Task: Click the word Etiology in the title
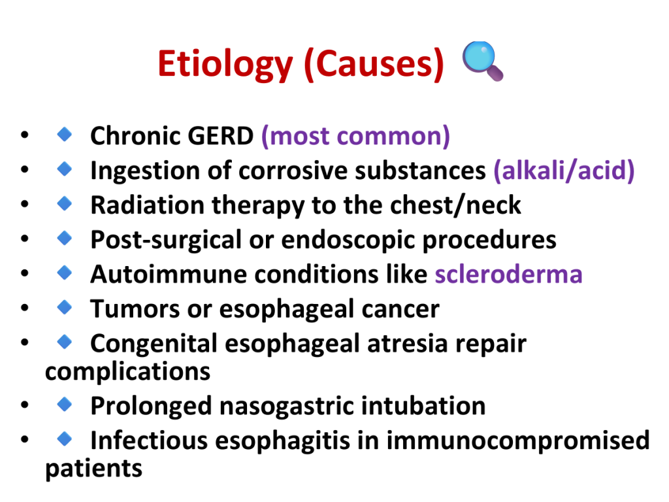click(225, 64)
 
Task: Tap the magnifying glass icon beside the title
click(483, 61)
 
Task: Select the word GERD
click(221, 136)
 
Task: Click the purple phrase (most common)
click(355, 136)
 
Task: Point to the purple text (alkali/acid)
click(564, 171)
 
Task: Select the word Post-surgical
click(166, 241)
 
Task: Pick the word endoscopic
click(348, 241)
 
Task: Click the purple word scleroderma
click(508, 274)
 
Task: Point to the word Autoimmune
click(169, 274)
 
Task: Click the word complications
click(127, 372)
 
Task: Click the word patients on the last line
click(93, 469)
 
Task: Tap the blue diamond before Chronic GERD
click(65, 134)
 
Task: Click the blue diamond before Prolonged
click(65, 403)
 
